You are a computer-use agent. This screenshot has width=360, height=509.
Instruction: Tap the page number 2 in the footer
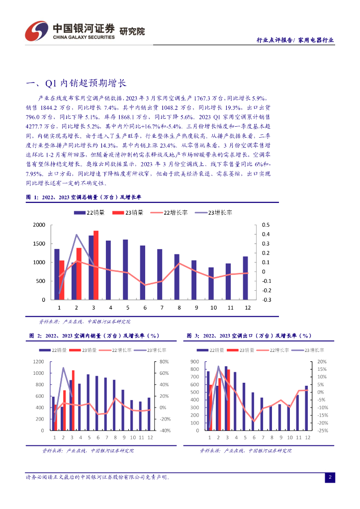tap(329, 478)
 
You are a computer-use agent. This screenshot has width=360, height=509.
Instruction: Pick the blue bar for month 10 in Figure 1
tap(211, 283)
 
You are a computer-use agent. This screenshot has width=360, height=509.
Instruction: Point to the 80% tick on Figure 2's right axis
tap(164, 362)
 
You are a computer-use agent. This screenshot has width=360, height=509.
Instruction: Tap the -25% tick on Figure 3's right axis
tap(322, 430)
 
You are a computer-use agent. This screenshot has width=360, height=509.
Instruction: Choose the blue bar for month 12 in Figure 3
tap(306, 408)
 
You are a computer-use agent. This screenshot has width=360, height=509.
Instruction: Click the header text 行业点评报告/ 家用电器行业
tap(294, 41)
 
